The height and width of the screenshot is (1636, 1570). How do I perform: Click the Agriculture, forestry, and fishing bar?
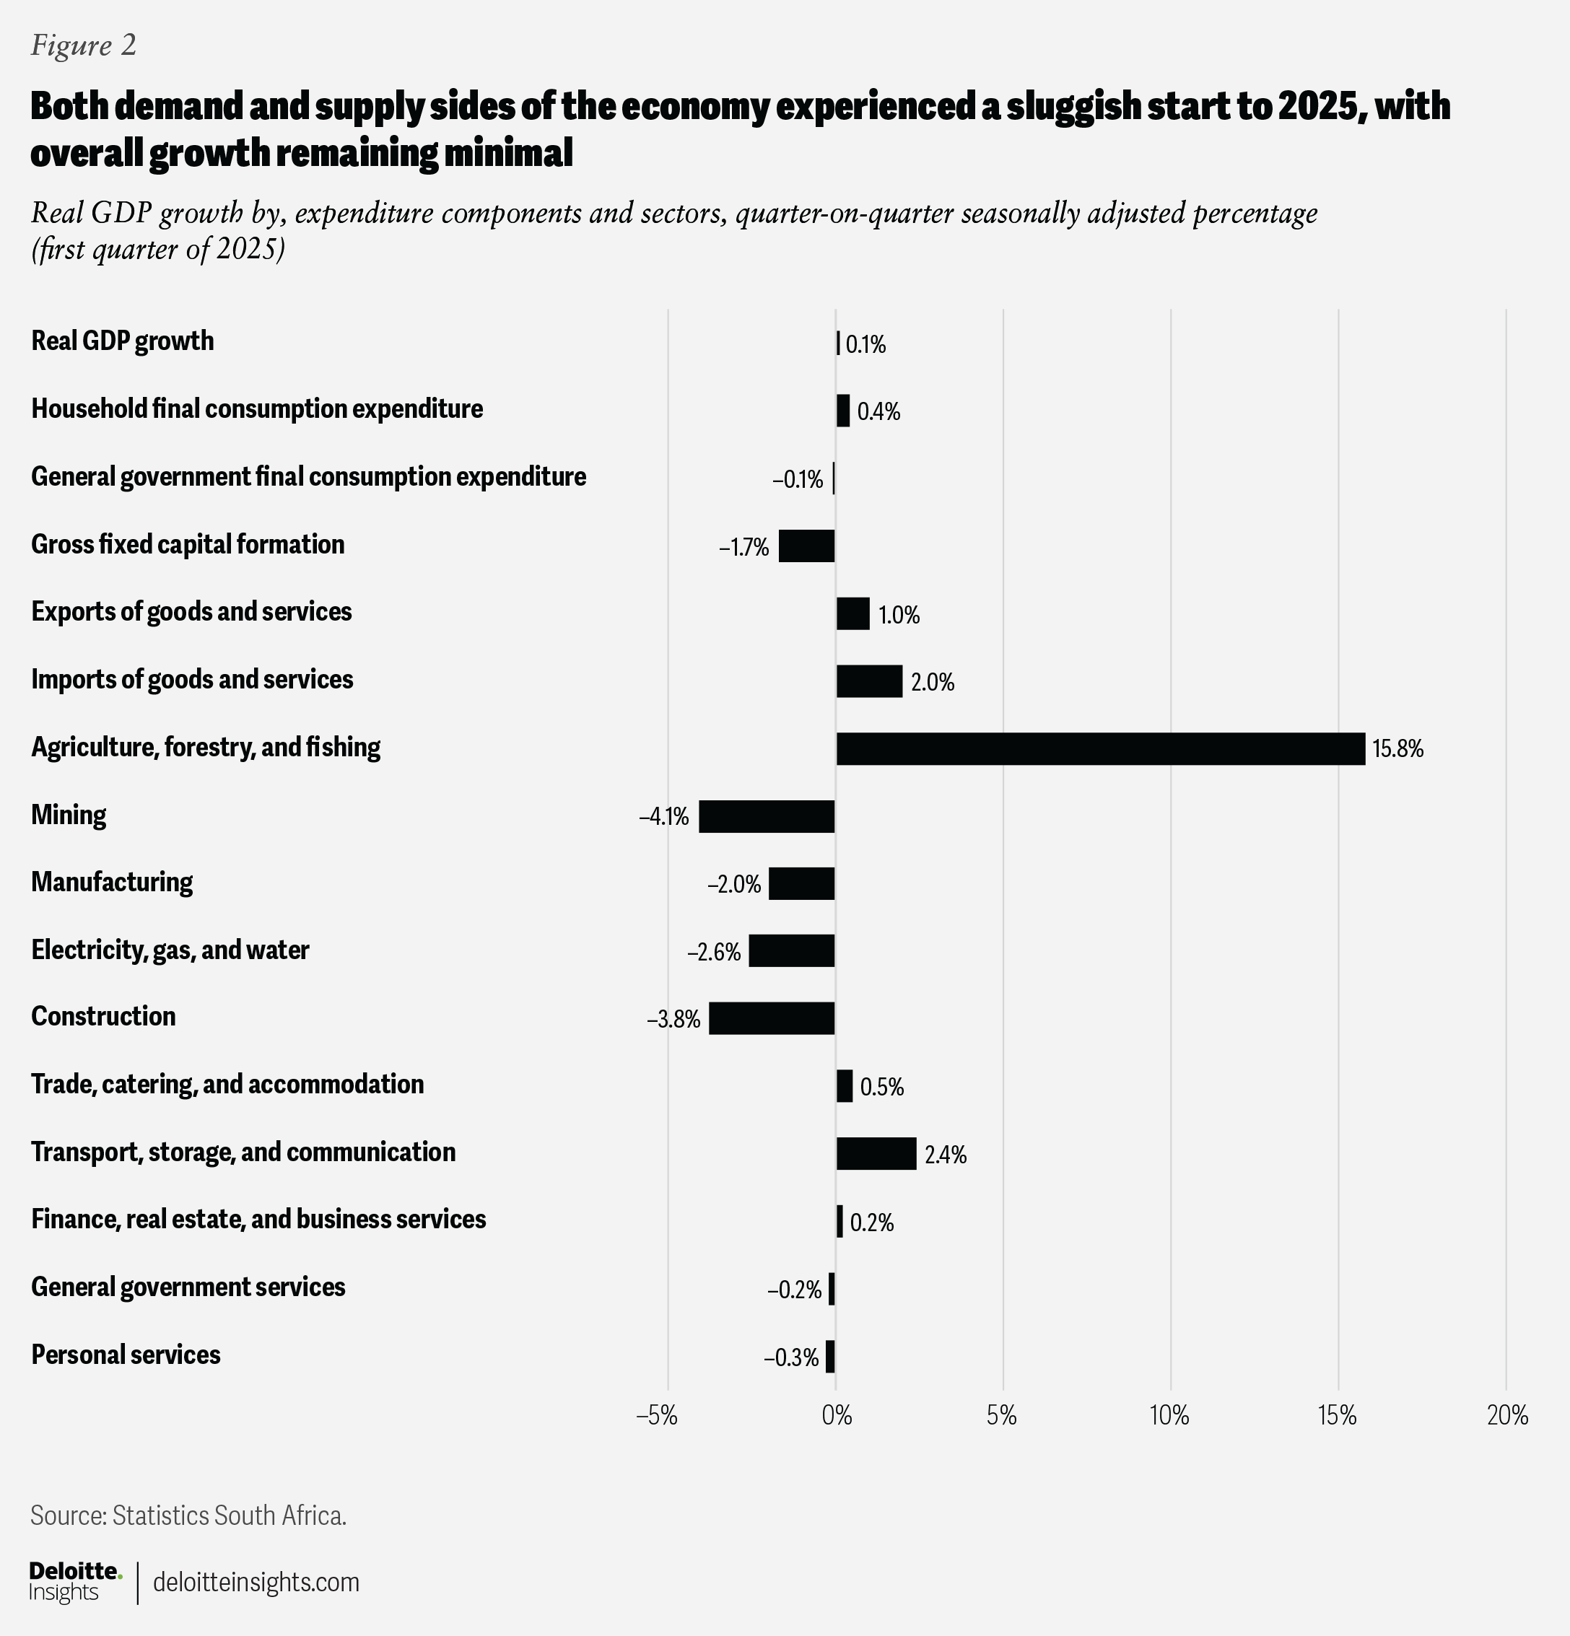pos(1101,748)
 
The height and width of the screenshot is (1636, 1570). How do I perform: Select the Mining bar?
pos(767,816)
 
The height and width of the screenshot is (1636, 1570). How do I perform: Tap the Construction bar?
pos(772,1018)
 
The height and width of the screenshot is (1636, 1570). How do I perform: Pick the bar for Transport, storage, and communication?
pos(876,1153)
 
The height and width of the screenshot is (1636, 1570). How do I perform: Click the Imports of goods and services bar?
pos(869,681)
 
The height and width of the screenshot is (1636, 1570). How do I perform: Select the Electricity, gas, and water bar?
pos(792,950)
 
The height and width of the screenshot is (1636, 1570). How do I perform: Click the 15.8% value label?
pos(1397,748)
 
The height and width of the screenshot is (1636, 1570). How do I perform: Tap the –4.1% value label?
pos(664,816)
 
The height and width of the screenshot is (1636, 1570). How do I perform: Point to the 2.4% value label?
pos(946,1155)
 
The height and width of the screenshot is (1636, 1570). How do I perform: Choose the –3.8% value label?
pos(673,1019)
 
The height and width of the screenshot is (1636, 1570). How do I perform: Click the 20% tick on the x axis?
pos(1507,1416)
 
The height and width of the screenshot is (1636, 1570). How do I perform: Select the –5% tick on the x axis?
pos(656,1416)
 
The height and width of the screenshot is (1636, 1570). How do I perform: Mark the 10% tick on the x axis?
pos(1169,1416)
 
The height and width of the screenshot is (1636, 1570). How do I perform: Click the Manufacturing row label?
pos(112,883)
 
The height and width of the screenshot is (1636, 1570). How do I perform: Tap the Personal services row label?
pos(126,1354)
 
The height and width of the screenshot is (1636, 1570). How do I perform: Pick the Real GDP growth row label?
pos(123,341)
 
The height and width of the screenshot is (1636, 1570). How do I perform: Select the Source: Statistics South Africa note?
pos(188,1515)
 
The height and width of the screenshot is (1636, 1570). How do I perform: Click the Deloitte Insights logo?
pos(75,1582)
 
